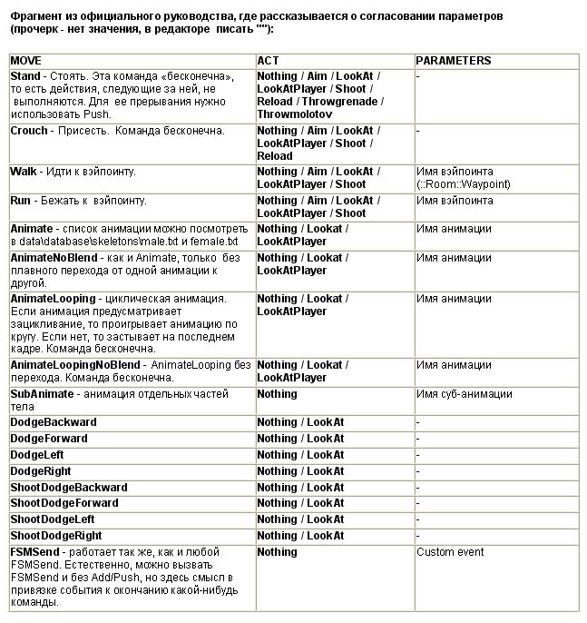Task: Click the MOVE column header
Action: click(x=28, y=61)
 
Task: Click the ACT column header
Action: click(x=269, y=61)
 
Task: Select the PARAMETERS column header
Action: click(x=454, y=61)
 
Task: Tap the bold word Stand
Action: click(x=25, y=77)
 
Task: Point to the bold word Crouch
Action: click(x=29, y=131)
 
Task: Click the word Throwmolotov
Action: click(x=295, y=114)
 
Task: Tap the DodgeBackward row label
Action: click(x=54, y=422)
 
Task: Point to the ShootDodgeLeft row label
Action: click(x=53, y=519)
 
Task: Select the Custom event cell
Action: click(x=451, y=552)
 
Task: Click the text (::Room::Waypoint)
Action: click(x=464, y=183)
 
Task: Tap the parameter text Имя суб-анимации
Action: click(x=465, y=394)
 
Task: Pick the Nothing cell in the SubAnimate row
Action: click(x=278, y=394)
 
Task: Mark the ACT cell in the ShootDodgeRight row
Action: click(x=300, y=536)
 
